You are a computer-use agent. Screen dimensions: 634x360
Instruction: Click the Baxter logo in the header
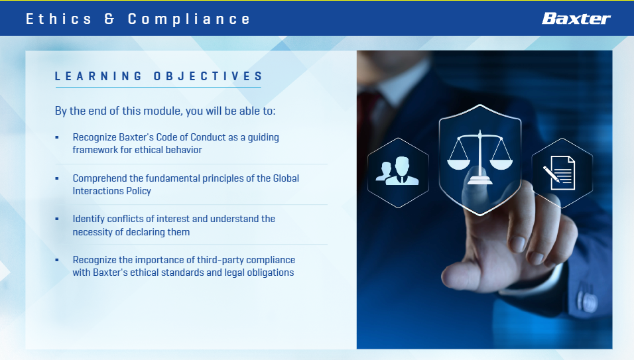pyautogui.click(x=576, y=19)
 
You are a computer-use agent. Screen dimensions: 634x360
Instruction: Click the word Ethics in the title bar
pyautogui.click(x=59, y=19)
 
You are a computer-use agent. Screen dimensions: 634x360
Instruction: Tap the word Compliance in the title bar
pyautogui.click(x=189, y=19)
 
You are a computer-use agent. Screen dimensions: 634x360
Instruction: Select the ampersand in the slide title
pyautogui.click(x=109, y=19)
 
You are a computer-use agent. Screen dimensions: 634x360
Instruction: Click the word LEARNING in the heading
pyautogui.click(x=98, y=76)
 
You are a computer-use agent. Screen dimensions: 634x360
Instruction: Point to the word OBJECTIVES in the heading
pyautogui.click(x=208, y=76)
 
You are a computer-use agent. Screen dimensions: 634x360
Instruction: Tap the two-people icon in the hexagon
pyautogui.click(x=397, y=170)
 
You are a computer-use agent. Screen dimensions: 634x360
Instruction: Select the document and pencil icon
pyautogui.click(x=559, y=172)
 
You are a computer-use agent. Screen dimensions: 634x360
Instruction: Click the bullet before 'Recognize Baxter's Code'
pyautogui.click(x=57, y=137)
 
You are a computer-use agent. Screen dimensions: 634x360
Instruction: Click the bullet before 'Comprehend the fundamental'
pyautogui.click(x=57, y=178)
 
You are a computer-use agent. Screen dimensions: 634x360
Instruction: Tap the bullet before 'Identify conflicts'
pyautogui.click(x=57, y=219)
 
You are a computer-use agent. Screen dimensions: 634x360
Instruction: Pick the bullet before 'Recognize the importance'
pyautogui.click(x=57, y=260)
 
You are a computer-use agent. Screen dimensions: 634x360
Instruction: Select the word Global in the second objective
pyautogui.click(x=286, y=178)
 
